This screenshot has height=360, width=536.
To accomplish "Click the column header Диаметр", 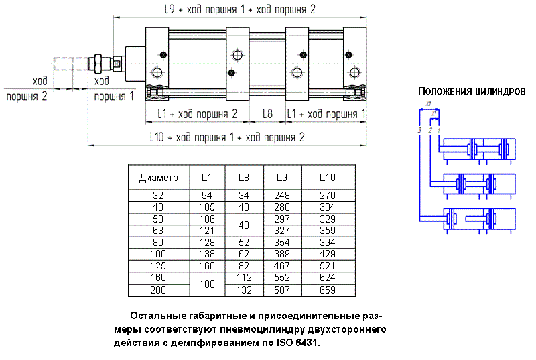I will point(159,178).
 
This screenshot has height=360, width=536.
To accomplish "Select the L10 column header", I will point(327,178).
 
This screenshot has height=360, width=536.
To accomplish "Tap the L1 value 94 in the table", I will point(207,195).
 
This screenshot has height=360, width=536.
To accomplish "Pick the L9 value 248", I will point(282,195).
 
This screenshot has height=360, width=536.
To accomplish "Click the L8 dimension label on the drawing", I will point(267,114).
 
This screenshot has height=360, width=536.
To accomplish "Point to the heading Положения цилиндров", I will point(472,91).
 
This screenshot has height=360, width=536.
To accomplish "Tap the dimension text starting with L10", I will point(227,137).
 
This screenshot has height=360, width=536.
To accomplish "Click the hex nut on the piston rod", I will point(101,64).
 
